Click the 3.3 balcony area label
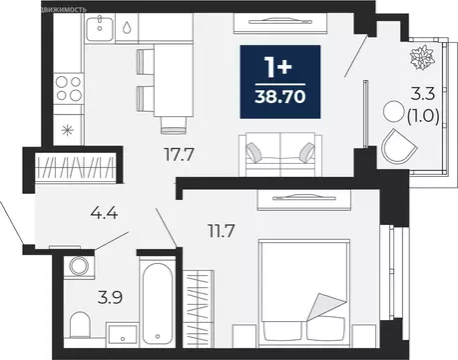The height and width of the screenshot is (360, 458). pos(423,96)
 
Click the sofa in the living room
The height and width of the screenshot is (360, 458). pos(277,152)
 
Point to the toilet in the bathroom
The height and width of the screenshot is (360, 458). pos(80,322)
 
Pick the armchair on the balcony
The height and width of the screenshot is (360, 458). pos(400,148)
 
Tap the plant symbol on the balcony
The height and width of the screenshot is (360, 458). pos(416,55)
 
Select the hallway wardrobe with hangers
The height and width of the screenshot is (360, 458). pos(79,165)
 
